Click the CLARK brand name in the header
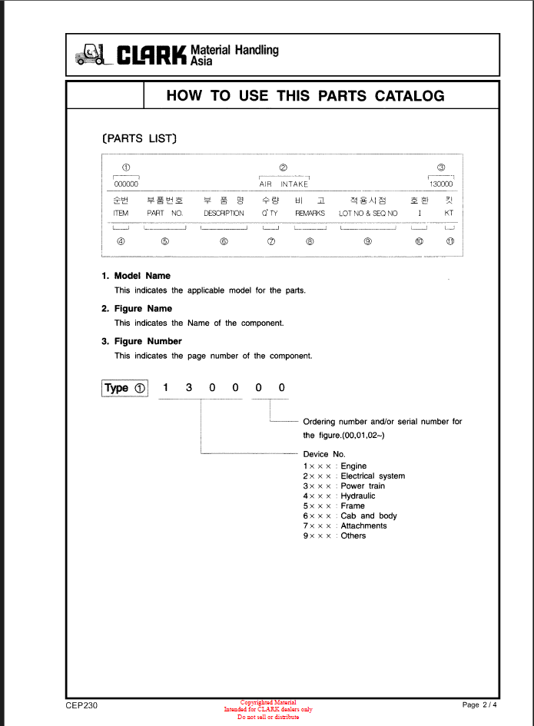[152, 55]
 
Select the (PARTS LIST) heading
[139, 139]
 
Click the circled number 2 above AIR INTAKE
[284, 167]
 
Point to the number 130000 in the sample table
[441, 184]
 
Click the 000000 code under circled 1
[126, 184]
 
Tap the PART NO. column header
[164, 213]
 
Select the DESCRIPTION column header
[224, 213]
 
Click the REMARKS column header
[310, 213]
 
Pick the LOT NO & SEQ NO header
[368, 213]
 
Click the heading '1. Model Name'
[136, 276]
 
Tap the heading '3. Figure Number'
[141, 341]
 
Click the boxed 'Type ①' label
[124, 388]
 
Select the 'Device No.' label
[324, 454]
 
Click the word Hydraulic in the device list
[358, 496]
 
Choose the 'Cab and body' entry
[369, 516]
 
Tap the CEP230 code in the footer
[81, 705]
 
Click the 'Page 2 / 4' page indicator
[480, 705]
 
